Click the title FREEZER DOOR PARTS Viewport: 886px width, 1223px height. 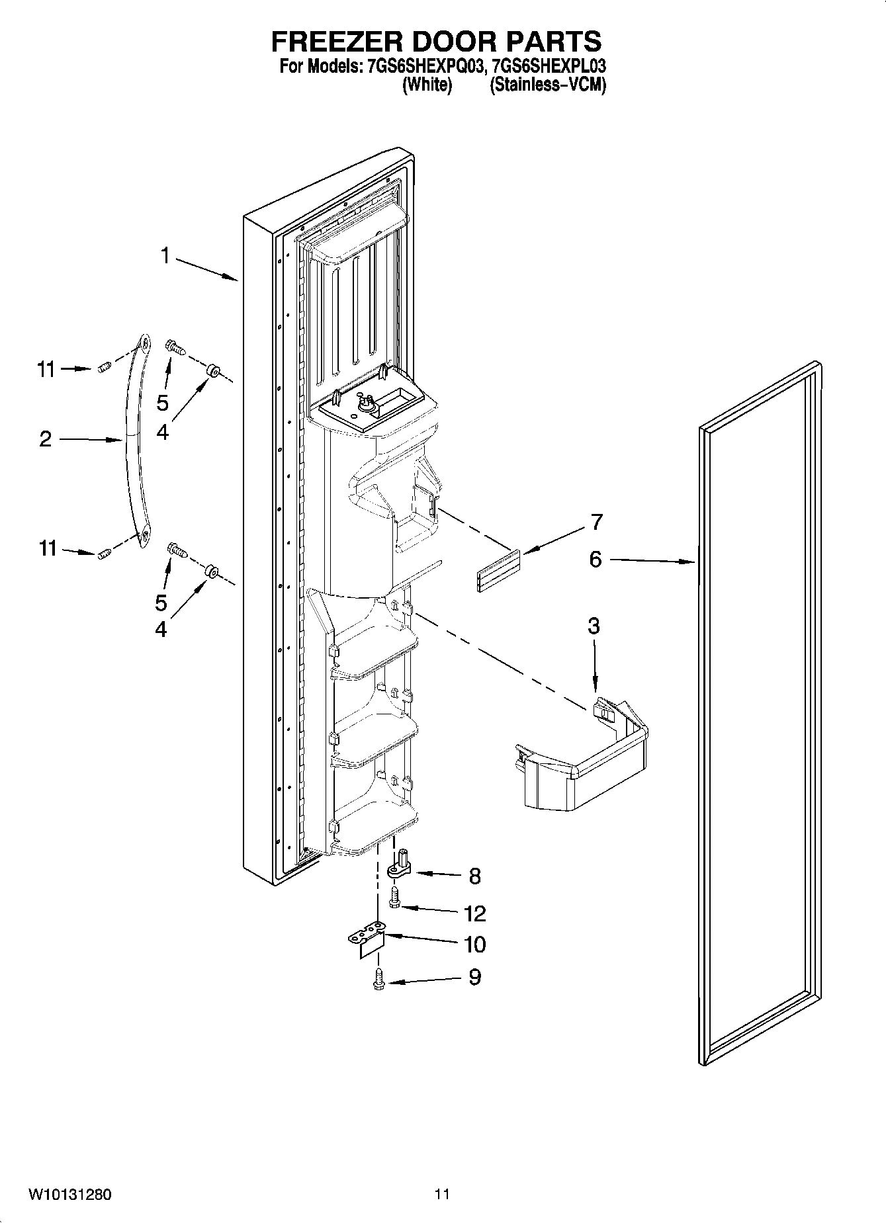point(437,41)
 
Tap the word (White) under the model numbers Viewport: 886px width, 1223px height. point(427,85)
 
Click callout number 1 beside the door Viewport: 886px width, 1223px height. point(165,255)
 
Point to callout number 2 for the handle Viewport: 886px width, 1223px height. point(45,439)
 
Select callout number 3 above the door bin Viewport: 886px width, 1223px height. point(594,625)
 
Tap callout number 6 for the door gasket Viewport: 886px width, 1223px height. point(596,560)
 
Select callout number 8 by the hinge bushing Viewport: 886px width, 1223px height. point(474,876)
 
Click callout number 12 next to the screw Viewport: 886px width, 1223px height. point(474,913)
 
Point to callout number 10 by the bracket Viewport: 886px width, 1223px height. point(474,945)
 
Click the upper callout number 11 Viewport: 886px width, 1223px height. point(46,369)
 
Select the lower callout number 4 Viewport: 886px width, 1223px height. point(161,629)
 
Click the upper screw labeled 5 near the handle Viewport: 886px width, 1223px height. point(175,345)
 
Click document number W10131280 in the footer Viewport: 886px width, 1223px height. point(69,1195)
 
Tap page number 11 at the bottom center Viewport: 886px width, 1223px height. point(442,1195)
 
